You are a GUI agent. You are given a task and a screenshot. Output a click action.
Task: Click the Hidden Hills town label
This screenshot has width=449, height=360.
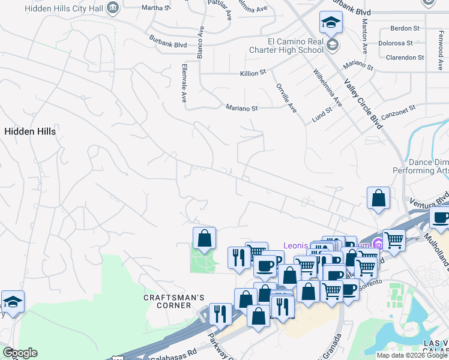pyautogui.click(x=30, y=131)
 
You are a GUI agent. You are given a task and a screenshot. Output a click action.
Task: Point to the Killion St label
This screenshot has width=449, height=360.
pyautogui.click(x=253, y=73)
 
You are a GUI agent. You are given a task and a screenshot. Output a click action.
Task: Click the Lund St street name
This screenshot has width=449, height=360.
pyautogui.click(x=322, y=114)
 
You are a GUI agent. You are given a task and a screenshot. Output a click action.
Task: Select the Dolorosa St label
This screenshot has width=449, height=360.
pyautogui.click(x=396, y=43)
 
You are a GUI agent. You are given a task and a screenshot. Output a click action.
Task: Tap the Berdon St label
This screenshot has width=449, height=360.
pyautogui.click(x=405, y=28)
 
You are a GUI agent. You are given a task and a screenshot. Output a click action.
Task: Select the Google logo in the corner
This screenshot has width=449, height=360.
pyautogui.click(x=20, y=353)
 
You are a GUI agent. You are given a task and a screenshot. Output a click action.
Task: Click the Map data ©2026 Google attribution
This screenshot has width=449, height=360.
pyautogui.click(x=412, y=355)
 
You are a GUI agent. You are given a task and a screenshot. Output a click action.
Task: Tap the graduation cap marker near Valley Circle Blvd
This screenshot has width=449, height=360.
pyautogui.click(x=331, y=23)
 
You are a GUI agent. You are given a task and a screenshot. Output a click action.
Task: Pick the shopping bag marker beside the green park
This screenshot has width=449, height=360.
pyautogui.click(x=204, y=238)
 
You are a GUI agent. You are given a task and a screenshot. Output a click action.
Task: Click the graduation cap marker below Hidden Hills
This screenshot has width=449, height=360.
pyautogui.click(x=12, y=302)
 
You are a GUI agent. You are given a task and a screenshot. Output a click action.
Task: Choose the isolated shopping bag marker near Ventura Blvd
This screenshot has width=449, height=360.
pyautogui.click(x=378, y=198)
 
